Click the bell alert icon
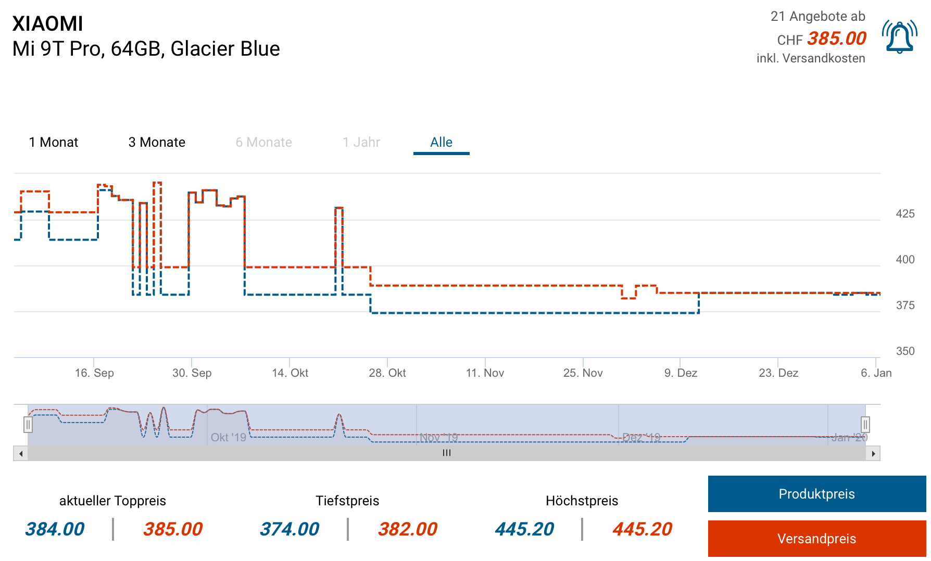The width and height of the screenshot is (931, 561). (899, 37)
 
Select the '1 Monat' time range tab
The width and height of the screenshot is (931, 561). (54, 142)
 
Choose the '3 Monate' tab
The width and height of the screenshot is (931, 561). (157, 142)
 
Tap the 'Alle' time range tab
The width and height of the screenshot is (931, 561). (441, 142)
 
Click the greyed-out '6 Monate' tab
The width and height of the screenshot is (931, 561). (263, 142)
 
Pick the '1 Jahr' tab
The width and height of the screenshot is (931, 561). (361, 142)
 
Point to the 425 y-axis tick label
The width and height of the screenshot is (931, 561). (905, 214)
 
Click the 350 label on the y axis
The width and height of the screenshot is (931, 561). (905, 351)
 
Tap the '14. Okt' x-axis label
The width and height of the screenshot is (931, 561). (290, 373)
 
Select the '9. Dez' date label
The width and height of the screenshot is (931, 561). (681, 373)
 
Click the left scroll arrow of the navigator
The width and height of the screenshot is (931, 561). (21, 453)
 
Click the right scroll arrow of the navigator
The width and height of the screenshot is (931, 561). (873, 453)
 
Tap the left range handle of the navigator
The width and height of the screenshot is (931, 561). (28, 425)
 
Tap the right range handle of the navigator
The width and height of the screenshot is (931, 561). (865, 425)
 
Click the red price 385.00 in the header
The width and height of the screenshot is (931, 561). (837, 39)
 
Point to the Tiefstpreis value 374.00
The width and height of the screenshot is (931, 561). (290, 529)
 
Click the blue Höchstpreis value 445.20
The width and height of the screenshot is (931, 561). (524, 529)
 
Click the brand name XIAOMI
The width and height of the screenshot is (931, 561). (48, 24)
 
